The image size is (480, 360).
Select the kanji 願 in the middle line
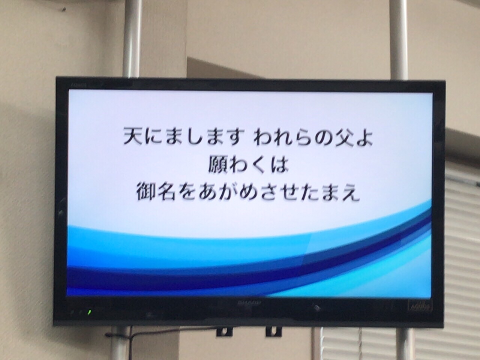point(217,166)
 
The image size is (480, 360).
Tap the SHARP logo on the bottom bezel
point(250,303)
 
